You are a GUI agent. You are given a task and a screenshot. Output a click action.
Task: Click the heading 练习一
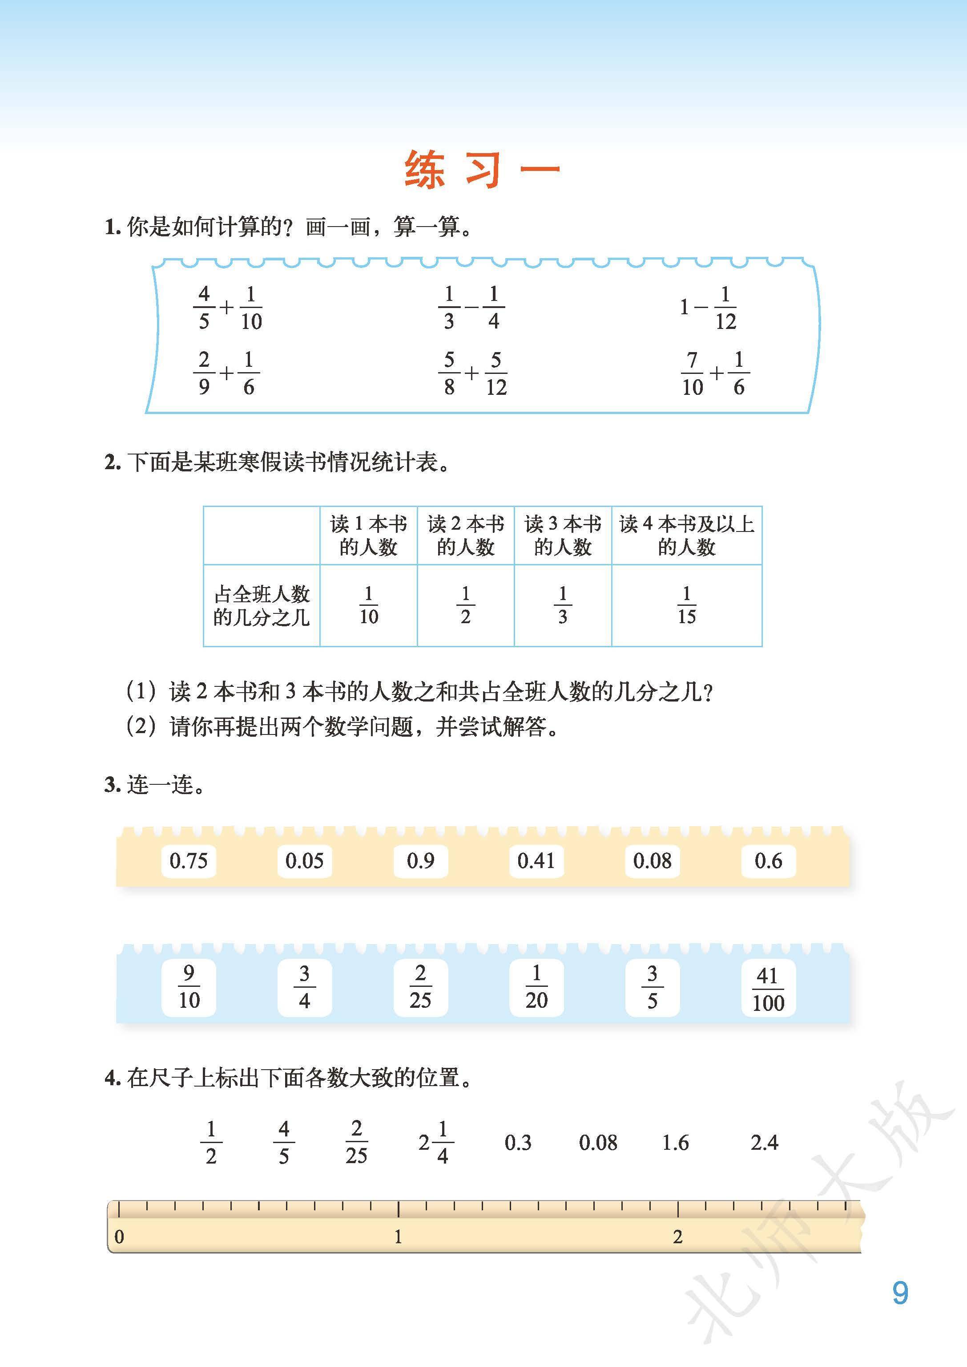[482, 170]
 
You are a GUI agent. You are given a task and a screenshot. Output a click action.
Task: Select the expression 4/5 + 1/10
[227, 308]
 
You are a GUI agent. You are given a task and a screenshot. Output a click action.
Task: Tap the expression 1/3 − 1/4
[471, 308]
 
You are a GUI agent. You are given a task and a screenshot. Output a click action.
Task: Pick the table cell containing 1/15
[686, 605]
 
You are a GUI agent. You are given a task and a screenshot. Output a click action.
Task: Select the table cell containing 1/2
[465, 605]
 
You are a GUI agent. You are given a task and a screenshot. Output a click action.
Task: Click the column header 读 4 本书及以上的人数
[686, 535]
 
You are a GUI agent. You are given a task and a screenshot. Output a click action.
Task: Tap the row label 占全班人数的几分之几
[262, 605]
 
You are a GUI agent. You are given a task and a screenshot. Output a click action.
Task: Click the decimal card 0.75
[188, 860]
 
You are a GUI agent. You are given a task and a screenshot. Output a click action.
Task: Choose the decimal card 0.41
[536, 860]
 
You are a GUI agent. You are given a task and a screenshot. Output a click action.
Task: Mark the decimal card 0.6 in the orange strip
[768, 860]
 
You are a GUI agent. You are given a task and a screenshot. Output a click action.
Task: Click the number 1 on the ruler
[398, 1237]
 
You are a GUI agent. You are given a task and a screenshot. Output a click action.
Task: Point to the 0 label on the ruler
[119, 1237]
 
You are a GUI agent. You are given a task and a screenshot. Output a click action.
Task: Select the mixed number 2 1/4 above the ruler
[435, 1142]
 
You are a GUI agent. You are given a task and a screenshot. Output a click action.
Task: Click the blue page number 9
[900, 1293]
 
